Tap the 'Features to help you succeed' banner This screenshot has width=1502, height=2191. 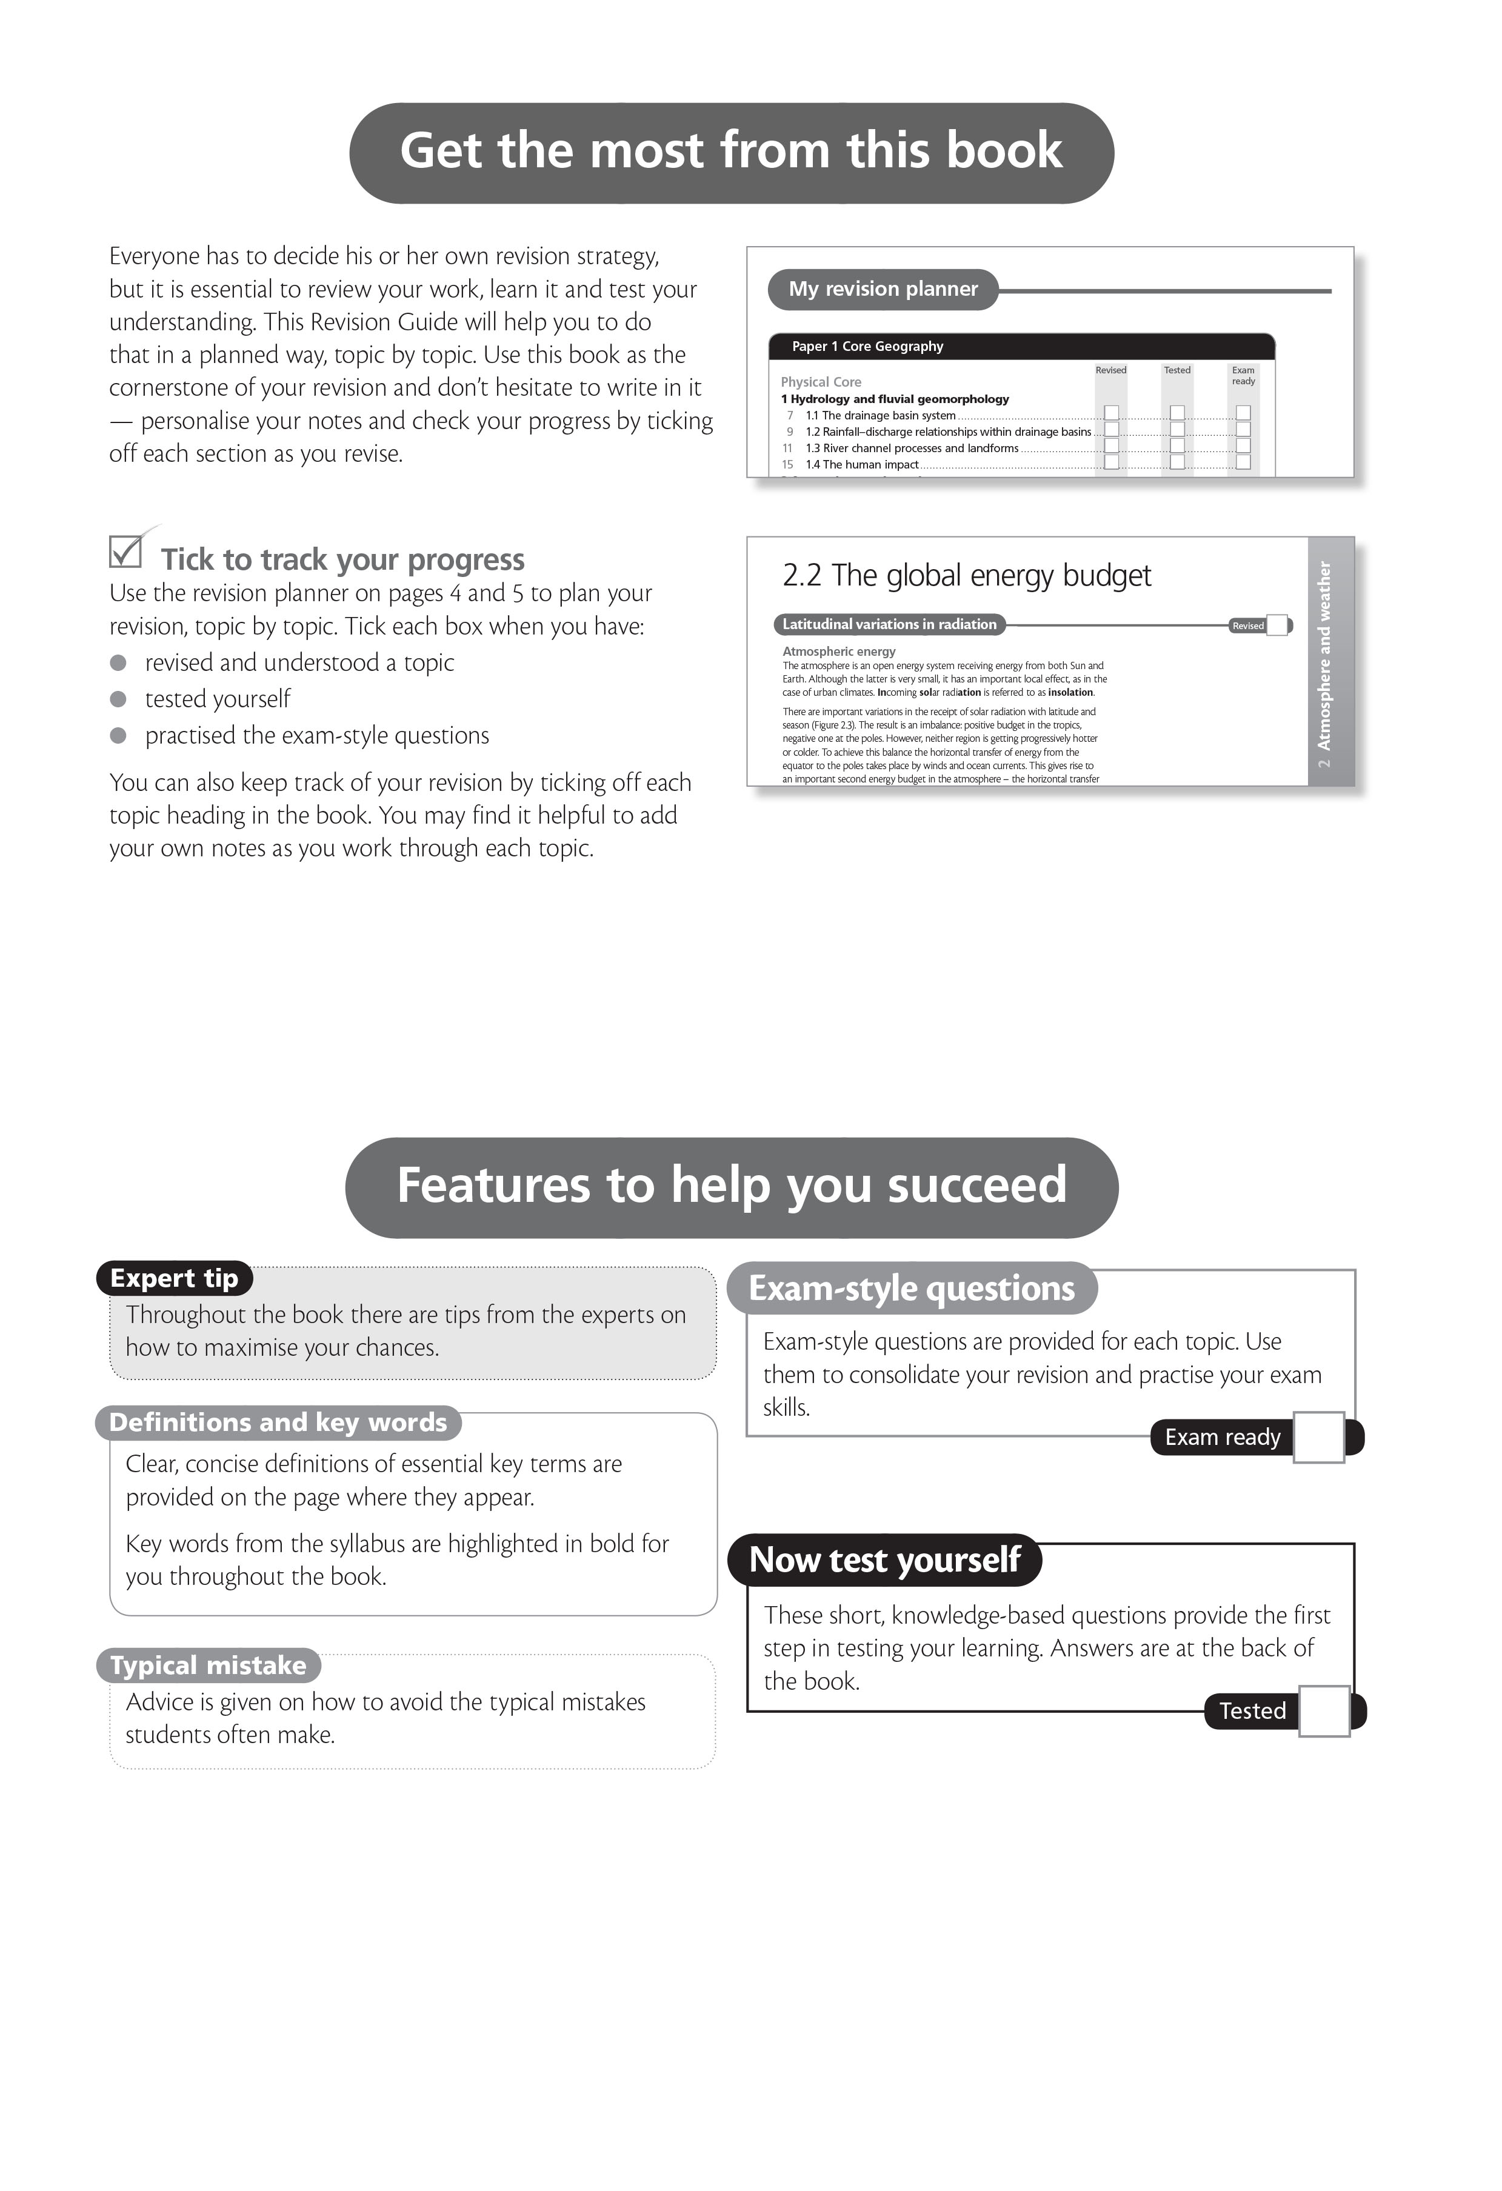[x=731, y=1187]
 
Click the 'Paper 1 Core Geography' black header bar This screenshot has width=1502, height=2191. [x=1021, y=347]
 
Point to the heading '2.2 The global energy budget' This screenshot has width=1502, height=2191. [x=966, y=576]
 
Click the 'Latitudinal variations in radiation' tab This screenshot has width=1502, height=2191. [x=889, y=625]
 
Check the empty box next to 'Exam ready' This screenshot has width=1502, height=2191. [x=1318, y=1438]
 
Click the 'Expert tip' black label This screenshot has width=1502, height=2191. [x=175, y=1278]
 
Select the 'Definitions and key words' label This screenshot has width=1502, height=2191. [x=278, y=1422]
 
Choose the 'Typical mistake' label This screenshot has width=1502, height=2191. [x=209, y=1666]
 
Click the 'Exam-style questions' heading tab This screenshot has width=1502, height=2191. [x=912, y=1289]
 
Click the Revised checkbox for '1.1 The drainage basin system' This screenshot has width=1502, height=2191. [x=1112, y=413]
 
